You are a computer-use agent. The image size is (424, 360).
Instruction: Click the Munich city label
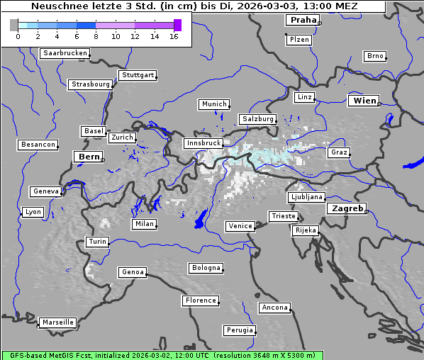(x=214, y=104)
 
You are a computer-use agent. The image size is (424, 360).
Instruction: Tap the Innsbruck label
(x=203, y=143)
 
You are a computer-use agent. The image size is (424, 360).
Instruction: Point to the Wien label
(x=364, y=101)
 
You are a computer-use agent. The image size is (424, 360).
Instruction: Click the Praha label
(x=303, y=20)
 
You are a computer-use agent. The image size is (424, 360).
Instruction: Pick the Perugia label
(x=239, y=330)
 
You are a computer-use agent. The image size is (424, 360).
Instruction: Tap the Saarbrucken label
(x=65, y=53)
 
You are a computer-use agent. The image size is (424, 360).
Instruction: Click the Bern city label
(x=89, y=157)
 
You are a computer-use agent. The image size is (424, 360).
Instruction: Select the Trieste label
(x=283, y=216)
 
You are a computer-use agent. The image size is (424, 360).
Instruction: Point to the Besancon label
(x=38, y=145)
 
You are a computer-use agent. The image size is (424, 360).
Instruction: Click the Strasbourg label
(x=90, y=84)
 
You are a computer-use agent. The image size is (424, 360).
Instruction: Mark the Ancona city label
(x=274, y=308)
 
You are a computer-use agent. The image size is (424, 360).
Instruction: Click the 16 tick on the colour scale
(x=174, y=35)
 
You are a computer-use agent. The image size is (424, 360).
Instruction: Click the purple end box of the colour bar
(x=177, y=25)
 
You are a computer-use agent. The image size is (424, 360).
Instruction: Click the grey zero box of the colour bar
(x=14, y=25)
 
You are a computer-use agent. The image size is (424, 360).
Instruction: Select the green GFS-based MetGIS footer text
(x=162, y=355)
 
